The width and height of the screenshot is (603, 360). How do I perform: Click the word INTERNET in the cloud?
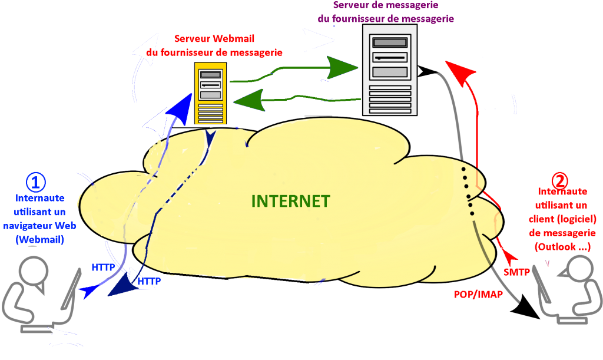290,201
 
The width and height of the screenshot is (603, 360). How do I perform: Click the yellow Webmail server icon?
210,94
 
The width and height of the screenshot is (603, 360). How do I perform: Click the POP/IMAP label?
478,294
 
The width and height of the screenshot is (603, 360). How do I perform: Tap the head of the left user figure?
32,270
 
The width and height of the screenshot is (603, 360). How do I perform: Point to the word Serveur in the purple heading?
352,5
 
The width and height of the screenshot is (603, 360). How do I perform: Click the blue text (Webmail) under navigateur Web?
40,239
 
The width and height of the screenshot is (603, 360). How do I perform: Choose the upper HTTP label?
104,267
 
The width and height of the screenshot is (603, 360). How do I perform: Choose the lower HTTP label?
149,282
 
